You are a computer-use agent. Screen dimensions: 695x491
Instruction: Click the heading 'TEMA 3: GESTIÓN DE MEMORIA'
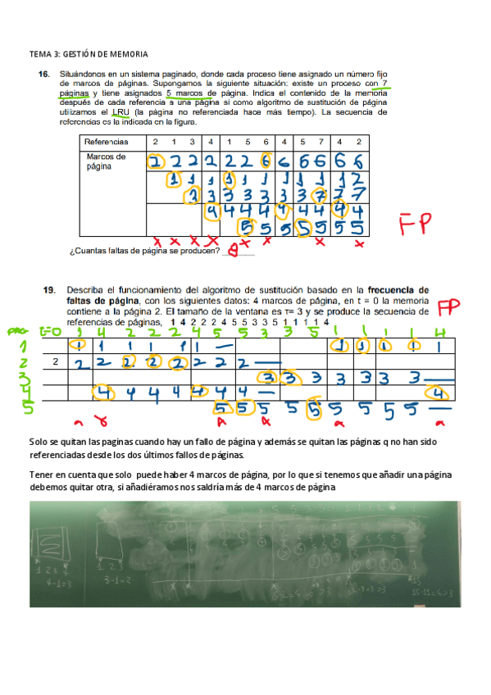[x=89, y=54]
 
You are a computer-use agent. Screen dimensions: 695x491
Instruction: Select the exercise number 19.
[x=49, y=289]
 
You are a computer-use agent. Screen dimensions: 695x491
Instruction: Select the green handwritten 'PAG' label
[x=16, y=332]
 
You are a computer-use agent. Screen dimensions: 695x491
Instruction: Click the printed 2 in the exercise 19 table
[x=55, y=361]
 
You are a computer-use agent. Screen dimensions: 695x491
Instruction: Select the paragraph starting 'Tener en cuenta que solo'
[x=241, y=481]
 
